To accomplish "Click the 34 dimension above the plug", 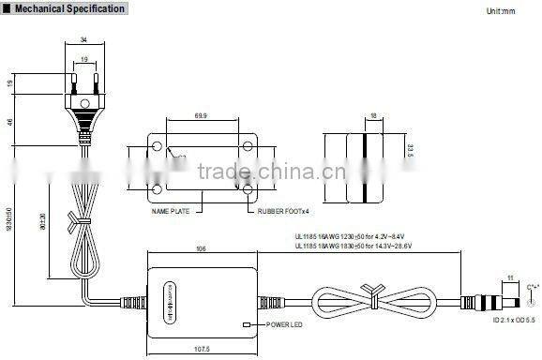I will coord(83,39).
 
